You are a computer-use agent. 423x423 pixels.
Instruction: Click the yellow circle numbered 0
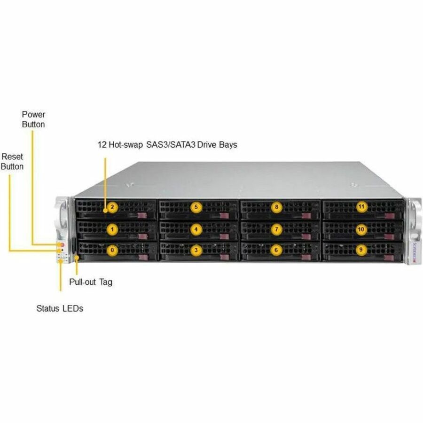tap(112, 250)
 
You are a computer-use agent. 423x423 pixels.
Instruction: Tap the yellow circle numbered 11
tap(361, 206)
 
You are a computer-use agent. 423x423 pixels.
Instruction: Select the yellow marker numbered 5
tap(196, 206)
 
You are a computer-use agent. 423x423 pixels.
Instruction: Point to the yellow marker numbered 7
tap(277, 229)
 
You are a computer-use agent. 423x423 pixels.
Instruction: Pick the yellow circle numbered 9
tap(360, 250)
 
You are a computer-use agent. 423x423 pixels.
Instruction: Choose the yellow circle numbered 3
tap(196, 250)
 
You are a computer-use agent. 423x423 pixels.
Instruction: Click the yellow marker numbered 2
tap(112, 206)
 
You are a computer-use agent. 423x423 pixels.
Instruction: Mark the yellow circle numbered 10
tap(361, 229)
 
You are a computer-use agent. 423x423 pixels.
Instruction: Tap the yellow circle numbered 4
tap(196, 229)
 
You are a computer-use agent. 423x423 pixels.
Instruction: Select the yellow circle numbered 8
tap(277, 206)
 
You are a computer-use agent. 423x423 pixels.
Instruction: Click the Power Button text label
tap(33, 119)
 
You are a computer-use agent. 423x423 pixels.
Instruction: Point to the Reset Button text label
tap(12, 161)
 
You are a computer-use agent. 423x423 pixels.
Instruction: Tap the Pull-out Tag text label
tap(91, 282)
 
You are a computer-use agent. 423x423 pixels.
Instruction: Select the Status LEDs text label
tap(60, 309)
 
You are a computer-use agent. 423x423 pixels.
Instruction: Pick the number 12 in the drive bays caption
tap(102, 145)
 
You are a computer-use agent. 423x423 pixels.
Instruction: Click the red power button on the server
tap(61, 245)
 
